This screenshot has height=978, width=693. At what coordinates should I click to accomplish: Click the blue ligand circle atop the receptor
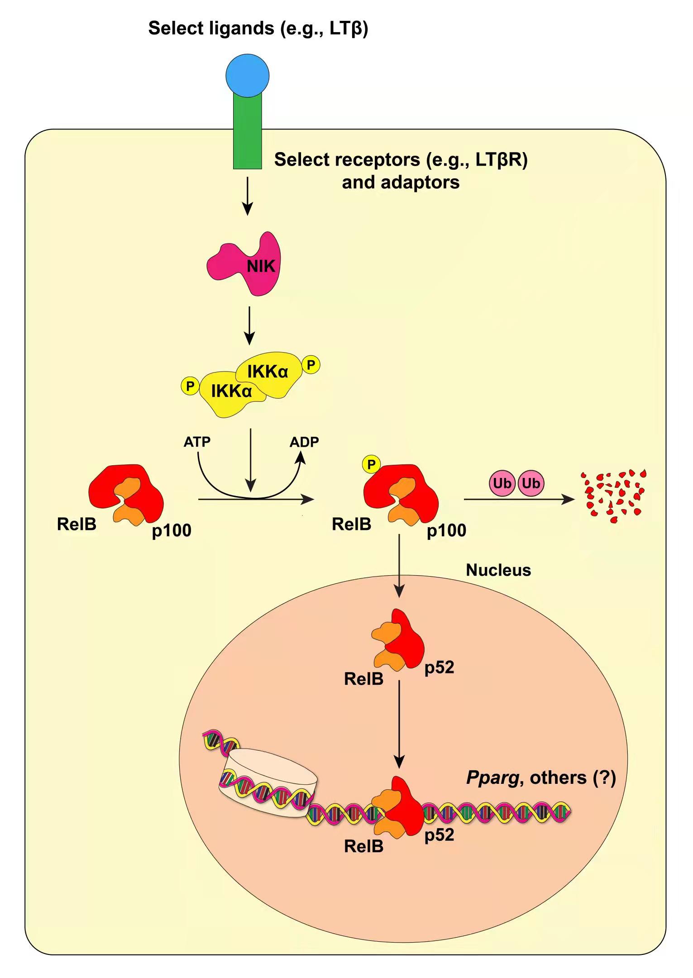coord(248,76)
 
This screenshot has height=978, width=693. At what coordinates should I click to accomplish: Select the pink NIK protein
coord(247,265)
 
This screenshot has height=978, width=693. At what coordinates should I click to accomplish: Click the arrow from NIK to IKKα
coord(249,325)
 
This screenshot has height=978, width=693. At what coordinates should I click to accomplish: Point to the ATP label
coord(197,442)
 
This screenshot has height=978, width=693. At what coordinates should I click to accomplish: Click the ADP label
coord(304,442)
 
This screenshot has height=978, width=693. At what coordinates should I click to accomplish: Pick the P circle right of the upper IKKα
coord(311,365)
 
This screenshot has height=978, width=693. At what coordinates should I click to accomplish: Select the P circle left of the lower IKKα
coord(190,386)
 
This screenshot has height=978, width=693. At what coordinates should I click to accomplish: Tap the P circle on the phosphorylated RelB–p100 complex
coord(371,464)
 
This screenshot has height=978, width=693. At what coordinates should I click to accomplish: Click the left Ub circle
coord(502,483)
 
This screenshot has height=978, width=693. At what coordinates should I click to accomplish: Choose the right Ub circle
coord(531,483)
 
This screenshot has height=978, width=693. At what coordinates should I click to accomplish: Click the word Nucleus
coord(498,570)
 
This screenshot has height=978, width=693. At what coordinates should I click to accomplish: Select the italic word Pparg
coord(492,778)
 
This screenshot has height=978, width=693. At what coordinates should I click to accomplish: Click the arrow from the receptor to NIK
coord(247,196)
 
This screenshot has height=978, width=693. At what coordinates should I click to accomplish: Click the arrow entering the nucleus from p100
coord(399,566)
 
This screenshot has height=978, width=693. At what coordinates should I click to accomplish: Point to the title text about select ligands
coord(258,28)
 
